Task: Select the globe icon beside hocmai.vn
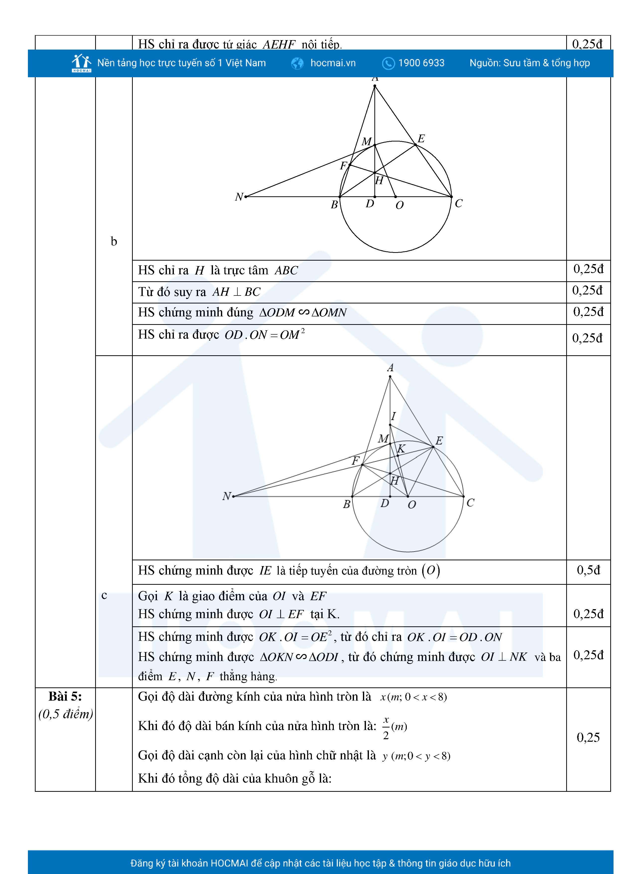297,63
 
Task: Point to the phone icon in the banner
388,63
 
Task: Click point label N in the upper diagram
239,197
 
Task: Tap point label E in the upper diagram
421,139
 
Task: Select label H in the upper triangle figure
379,180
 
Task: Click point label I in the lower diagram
394,416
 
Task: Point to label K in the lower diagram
401,449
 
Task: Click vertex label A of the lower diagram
390,368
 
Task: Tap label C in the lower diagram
470,503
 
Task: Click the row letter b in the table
114,241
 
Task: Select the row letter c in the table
104,595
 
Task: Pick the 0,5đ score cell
588,570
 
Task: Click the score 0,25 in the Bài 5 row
588,737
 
